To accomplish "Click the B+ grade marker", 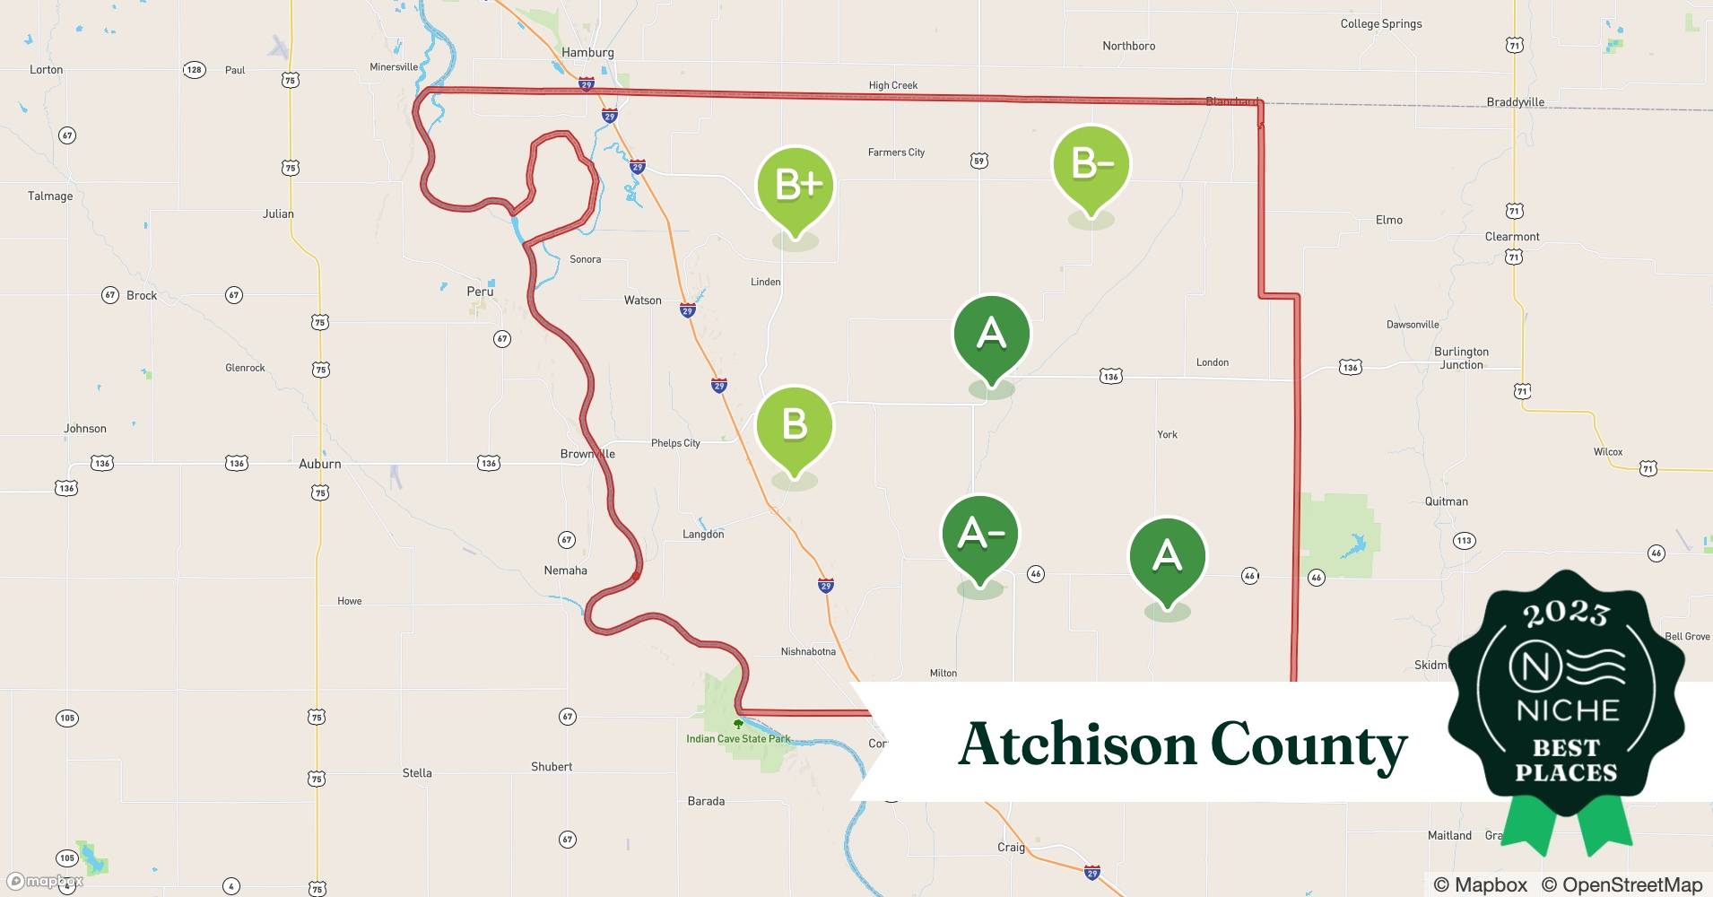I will [795, 186].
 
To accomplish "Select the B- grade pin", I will [1091, 165].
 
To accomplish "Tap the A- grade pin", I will [980, 535].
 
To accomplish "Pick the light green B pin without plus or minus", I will [795, 425].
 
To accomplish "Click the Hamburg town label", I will [587, 53].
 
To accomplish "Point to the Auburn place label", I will [319, 464].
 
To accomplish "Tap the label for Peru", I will [480, 292].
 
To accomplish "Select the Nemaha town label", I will [565, 570].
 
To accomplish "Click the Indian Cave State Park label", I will [738, 739].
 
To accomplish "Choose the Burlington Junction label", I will [1461, 358].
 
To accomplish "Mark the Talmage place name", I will [50, 196].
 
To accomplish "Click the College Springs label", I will [1380, 24].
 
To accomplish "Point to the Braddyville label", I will [1515, 102].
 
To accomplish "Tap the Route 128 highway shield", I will [194, 70].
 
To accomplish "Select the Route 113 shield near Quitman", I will [1464, 540].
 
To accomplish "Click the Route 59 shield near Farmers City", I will [978, 161].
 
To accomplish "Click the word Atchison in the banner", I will [1076, 744].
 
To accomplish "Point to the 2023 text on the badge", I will [1566, 614].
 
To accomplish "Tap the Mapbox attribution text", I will [1481, 884].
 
